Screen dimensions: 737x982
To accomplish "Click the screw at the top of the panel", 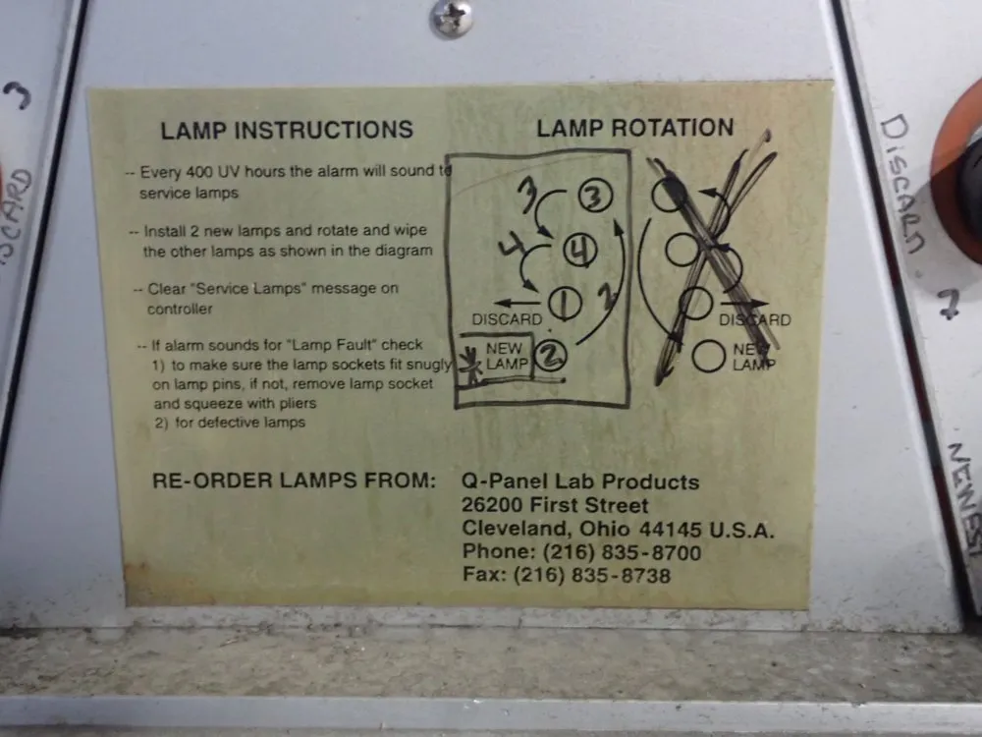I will (x=451, y=18).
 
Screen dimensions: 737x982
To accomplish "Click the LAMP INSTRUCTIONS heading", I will (x=287, y=130).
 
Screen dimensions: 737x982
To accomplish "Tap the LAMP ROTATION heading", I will (x=634, y=128).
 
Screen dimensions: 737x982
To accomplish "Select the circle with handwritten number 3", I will (x=593, y=198).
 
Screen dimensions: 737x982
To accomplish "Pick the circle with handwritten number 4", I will (x=580, y=253).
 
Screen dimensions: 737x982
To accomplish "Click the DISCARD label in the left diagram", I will (x=507, y=319).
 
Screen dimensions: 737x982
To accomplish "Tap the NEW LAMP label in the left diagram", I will (x=505, y=356).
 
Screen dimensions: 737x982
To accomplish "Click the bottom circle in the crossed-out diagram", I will (x=707, y=356).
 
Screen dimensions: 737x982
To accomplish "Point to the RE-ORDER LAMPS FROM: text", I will (x=294, y=482).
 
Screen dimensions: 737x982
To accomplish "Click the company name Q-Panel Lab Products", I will (x=580, y=482).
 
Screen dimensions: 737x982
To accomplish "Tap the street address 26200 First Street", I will (x=555, y=506).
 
